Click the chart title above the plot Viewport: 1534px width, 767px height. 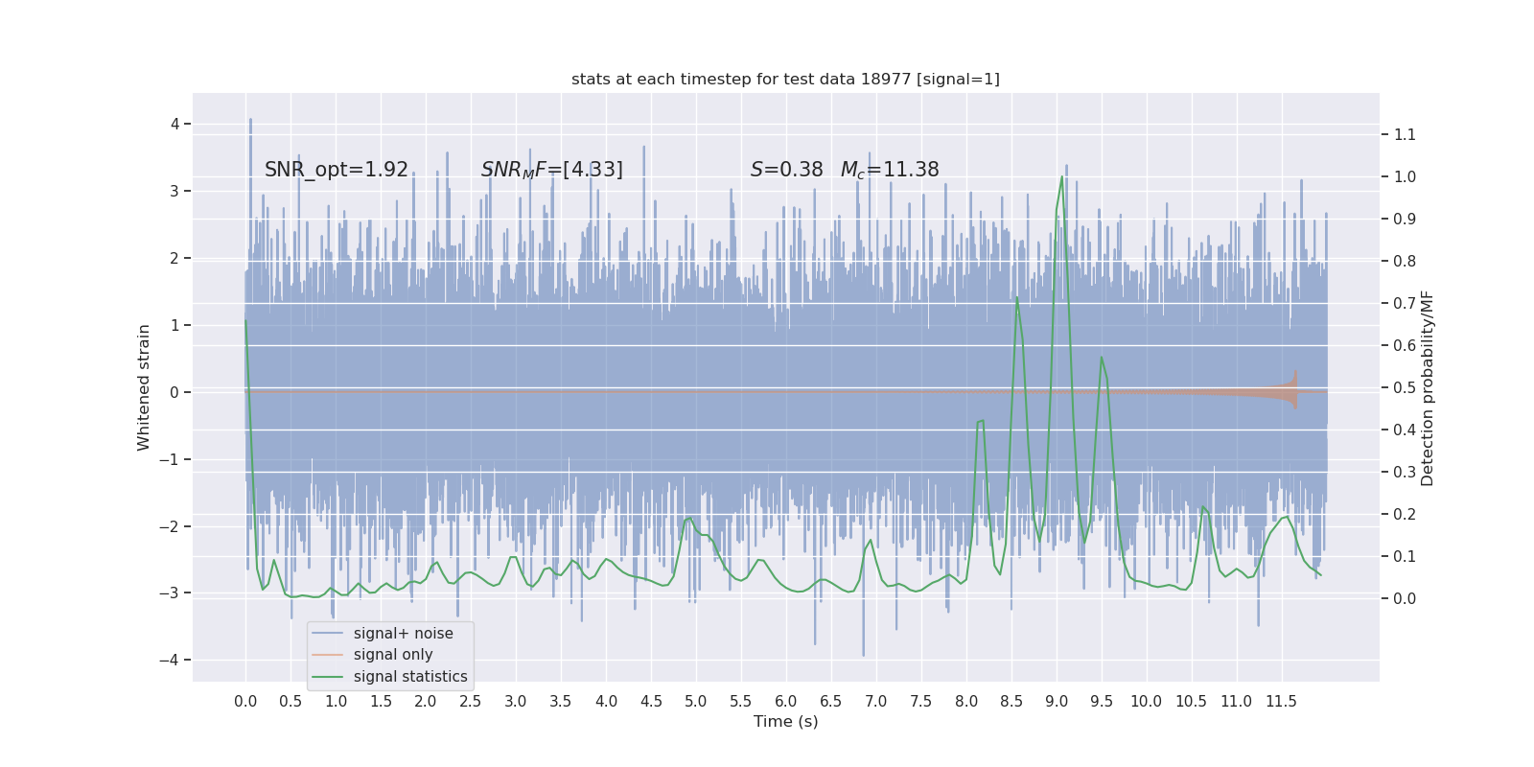[785, 79]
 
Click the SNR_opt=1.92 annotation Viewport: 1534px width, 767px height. [337, 170]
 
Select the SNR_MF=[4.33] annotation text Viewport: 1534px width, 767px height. [552, 170]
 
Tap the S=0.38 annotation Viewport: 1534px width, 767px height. [786, 170]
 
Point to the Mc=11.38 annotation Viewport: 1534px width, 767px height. [890, 170]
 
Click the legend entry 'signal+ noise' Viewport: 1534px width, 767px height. [403, 633]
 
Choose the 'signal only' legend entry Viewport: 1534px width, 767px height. [393, 655]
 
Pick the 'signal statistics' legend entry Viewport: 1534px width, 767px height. [410, 676]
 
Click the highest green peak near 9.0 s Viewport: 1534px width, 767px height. [1061, 177]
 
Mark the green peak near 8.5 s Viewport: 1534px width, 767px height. [1016, 298]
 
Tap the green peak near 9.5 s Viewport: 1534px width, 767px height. [1101, 358]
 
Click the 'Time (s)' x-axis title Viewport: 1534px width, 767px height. [785, 721]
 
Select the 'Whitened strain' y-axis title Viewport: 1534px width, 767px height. [144, 387]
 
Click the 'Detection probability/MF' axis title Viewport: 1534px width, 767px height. [1428, 387]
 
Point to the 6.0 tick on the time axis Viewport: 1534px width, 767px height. [786, 701]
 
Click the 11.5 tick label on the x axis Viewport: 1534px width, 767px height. [1281, 701]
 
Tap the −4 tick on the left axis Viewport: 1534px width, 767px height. [174, 660]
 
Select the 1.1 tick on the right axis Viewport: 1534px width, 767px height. [1405, 134]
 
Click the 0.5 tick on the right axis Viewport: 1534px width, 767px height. [1405, 387]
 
